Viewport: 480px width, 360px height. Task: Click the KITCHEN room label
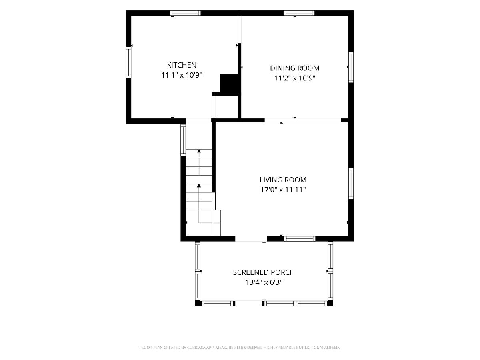(182, 65)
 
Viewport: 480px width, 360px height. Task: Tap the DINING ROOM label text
(294, 68)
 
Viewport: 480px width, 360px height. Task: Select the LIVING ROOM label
(283, 180)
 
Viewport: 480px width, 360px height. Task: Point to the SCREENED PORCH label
(264, 272)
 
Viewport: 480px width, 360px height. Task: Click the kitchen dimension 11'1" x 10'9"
(182, 75)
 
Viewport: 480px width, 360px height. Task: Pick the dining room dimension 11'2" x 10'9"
(294, 78)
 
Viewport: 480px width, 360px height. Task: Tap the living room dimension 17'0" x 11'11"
(283, 190)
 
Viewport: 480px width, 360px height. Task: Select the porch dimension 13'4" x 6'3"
(264, 282)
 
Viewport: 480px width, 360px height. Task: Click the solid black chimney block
(229, 84)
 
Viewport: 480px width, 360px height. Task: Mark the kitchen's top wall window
(185, 13)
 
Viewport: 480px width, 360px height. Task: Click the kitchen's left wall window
(128, 62)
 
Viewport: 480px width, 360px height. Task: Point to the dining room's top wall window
(299, 13)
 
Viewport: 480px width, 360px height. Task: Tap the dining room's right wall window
(351, 67)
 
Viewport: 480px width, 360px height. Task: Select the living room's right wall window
(351, 183)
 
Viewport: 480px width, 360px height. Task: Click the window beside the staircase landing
(183, 140)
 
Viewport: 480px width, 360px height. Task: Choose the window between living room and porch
(300, 239)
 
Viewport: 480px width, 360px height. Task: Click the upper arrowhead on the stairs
(199, 151)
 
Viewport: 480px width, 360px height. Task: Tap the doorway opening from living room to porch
(251, 239)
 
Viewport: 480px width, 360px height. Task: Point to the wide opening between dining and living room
(303, 120)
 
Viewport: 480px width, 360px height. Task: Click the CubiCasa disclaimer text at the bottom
(240, 347)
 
